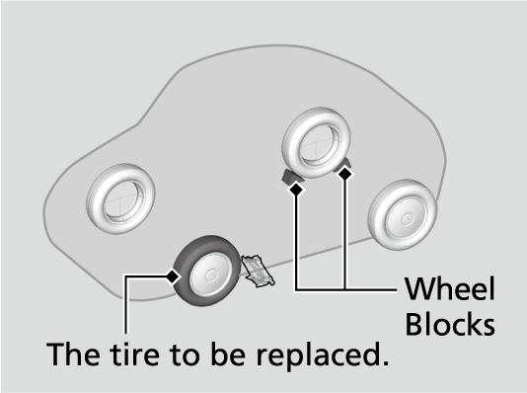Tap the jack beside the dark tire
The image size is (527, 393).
259,271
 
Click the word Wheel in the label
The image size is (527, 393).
450,288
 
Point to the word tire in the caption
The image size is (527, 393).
134,354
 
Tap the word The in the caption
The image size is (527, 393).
73,354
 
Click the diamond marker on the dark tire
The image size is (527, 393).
173,276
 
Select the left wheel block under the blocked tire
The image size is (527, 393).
290,176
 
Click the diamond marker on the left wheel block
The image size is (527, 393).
296,190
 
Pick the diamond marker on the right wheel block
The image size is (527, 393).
344,174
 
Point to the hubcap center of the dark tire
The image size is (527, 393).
211,275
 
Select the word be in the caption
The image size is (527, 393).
228,354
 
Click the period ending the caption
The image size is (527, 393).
385,362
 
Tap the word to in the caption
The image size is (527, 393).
186,354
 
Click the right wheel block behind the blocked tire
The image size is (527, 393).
346,164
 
